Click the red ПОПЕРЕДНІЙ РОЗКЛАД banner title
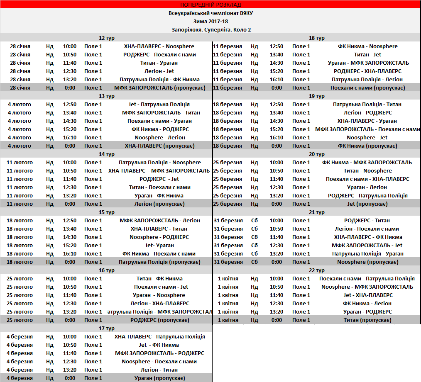(x=210, y=5)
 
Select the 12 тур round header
(x=107, y=38)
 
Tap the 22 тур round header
(x=317, y=270)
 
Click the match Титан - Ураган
(x=159, y=63)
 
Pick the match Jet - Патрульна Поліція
(x=159, y=104)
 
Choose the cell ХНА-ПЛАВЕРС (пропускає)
(x=159, y=146)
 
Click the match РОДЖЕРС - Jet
(x=159, y=179)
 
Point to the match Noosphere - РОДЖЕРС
(x=159, y=237)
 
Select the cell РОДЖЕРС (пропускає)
(x=159, y=320)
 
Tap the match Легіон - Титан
(x=159, y=370)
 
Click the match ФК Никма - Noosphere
(x=367, y=46)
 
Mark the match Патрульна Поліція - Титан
(x=367, y=104)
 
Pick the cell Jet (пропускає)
(x=367, y=204)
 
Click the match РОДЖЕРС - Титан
(x=367, y=220)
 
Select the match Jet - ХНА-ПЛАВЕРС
(x=367, y=295)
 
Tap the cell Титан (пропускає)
(x=367, y=320)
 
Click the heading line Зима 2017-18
(x=210, y=21)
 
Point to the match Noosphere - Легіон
(x=159, y=137)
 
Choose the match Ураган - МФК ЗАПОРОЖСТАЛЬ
(x=367, y=63)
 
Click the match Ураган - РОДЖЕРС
(x=367, y=311)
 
